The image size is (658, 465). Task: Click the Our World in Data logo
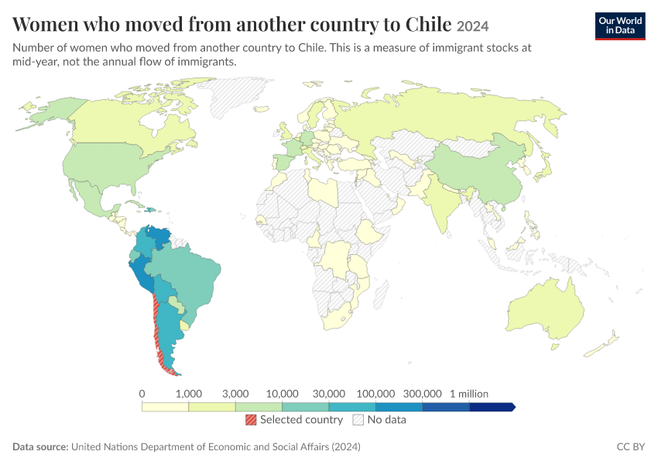coord(620,26)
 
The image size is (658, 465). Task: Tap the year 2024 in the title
coord(472,26)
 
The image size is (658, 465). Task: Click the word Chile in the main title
coord(428,24)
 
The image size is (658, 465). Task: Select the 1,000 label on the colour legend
coord(188,394)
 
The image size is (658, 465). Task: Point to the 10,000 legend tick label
coord(282,394)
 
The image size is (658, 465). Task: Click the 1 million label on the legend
coord(469,394)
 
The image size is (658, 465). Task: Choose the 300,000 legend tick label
coord(422,394)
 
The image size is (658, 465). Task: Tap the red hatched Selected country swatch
coord(251,419)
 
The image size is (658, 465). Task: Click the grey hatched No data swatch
coord(358,419)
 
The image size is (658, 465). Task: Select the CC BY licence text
coord(631,446)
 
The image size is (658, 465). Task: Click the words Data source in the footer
coord(40,446)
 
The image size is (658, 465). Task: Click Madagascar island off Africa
coord(381,294)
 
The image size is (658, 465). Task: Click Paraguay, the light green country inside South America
coord(176,305)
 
